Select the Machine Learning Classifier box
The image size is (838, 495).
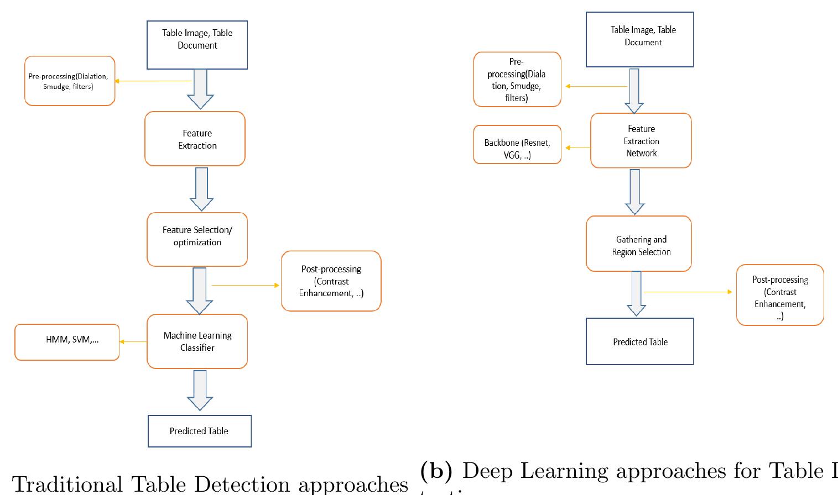pos(197,341)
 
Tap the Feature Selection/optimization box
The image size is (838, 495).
pos(197,239)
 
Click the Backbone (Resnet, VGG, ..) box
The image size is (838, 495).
pos(517,145)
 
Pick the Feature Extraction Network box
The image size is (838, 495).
pos(641,141)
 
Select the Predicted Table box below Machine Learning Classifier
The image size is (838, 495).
pos(199,431)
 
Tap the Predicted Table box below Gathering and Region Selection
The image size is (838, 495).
pos(639,342)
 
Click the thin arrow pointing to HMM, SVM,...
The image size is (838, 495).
pos(133,342)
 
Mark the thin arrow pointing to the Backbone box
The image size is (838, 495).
pos(576,148)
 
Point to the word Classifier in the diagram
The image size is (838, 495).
pos(197,348)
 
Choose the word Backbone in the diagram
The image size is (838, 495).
pos(501,143)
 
